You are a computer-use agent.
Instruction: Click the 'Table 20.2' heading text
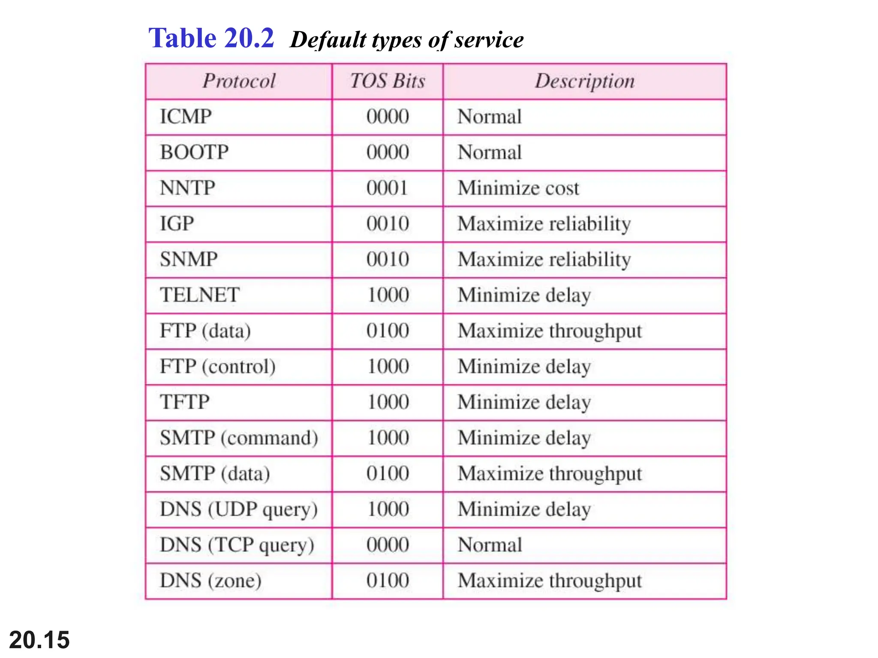click(211, 39)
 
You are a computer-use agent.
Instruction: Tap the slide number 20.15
click(39, 640)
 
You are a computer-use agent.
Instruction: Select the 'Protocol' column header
click(239, 81)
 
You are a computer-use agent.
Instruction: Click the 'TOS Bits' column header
click(388, 81)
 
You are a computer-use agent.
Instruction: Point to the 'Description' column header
click(585, 81)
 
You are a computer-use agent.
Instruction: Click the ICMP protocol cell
click(186, 117)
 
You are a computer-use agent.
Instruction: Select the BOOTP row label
click(194, 153)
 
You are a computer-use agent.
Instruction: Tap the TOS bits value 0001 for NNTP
click(388, 188)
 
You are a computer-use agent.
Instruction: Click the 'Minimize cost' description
click(518, 188)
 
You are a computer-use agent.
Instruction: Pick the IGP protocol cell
click(177, 224)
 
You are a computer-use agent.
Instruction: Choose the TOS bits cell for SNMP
click(388, 260)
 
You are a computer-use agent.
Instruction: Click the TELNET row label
click(199, 295)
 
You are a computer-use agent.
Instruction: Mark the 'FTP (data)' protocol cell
click(205, 331)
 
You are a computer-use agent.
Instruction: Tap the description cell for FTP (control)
click(524, 367)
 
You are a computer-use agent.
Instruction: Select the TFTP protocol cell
click(185, 402)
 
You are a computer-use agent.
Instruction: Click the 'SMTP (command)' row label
click(239, 438)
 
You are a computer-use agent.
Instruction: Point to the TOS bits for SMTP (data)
click(388, 474)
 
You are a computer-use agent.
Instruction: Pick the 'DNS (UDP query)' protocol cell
click(239, 509)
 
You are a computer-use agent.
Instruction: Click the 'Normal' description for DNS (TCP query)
click(490, 545)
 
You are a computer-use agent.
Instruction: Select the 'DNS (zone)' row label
click(210, 581)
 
